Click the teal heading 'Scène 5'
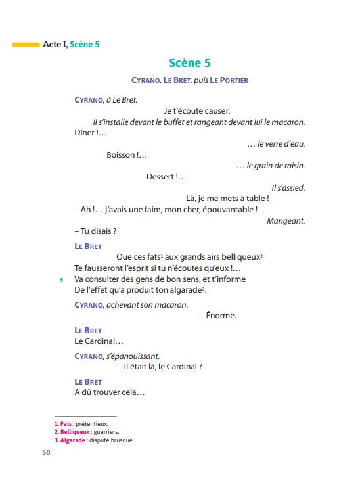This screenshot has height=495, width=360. pyautogui.click(x=189, y=64)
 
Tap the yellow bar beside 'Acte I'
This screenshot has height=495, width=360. pyautogui.click(x=26, y=45)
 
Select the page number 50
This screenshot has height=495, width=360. pyautogui.click(x=46, y=452)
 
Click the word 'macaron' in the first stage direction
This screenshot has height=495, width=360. pyautogui.click(x=288, y=122)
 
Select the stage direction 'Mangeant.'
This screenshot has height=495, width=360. pyautogui.click(x=286, y=221)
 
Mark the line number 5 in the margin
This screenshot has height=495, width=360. pyautogui.click(x=61, y=279)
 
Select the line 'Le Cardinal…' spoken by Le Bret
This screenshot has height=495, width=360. pyautogui.click(x=99, y=341)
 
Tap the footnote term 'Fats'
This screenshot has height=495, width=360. pyautogui.click(x=66, y=424)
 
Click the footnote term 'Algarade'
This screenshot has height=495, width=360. pyautogui.click(x=72, y=440)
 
